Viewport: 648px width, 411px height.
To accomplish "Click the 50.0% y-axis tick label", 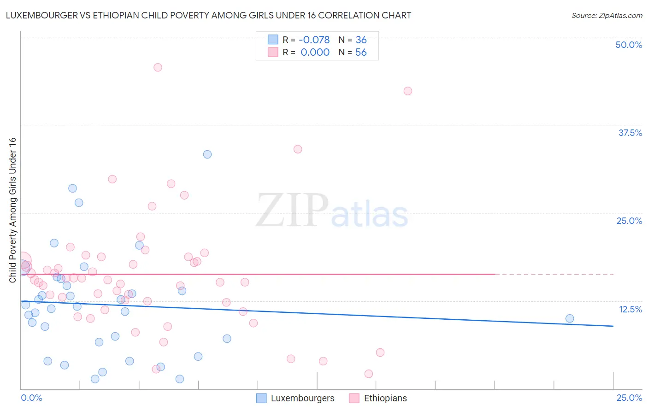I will (x=629, y=45).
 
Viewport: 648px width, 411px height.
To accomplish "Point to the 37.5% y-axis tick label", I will (x=630, y=133).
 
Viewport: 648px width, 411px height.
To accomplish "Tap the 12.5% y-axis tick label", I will (x=630, y=309).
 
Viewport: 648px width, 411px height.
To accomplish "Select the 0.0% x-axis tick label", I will (x=31, y=398).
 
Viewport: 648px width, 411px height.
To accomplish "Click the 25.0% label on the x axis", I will (x=629, y=398).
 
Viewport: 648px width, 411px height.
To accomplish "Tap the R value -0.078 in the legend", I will (x=315, y=40).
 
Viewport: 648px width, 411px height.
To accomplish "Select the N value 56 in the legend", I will (x=361, y=53).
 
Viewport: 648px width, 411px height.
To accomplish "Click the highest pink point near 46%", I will (x=158, y=67).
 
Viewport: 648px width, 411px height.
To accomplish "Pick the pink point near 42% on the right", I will (x=408, y=91).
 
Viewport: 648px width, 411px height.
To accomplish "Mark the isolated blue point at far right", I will (x=570, y=318).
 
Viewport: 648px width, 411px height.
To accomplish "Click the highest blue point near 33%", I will (x=207, y=154).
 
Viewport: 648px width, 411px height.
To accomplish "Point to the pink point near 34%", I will (x=298, y=149).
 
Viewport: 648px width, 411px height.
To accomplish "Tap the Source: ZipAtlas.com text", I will (x=607, y=16).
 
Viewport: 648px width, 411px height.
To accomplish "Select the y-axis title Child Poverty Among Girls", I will (x=12, y=210).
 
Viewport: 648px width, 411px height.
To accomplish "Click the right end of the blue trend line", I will (x=613, y=326).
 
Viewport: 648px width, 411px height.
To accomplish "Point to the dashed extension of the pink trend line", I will (x=553, y=274).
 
